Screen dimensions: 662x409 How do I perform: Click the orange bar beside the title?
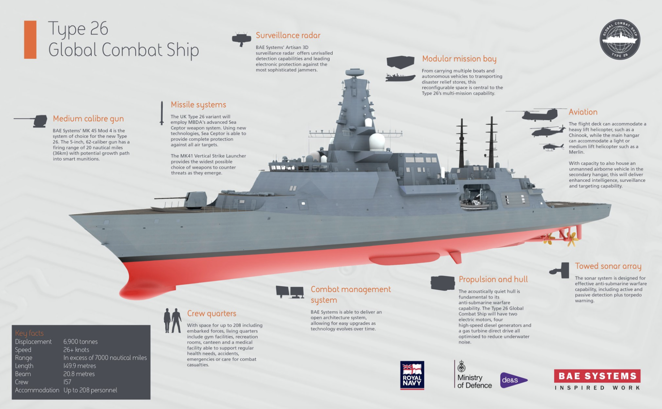(30, 40)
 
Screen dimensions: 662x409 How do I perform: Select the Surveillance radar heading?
(288, 35)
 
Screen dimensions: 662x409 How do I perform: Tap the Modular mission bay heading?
(459, 59)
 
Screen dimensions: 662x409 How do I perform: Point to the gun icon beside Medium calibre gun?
(31, 121)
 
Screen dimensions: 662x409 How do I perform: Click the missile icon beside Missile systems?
(162, 113)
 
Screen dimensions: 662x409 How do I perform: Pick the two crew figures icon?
(173, 320)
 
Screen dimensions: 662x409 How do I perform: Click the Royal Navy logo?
(412, 375)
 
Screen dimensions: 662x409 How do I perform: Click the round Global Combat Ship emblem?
(620, 39)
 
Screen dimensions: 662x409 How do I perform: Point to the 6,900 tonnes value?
(81, 342)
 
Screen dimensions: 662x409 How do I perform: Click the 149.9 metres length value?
(80, 366)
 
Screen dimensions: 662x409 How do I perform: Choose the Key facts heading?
(29, 333)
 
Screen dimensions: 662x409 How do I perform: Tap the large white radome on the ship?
(377, 142)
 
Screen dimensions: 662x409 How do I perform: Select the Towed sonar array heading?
(608, 266)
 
